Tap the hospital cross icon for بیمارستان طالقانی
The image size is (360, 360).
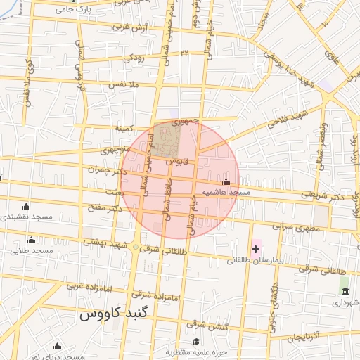pyautogui.click(x=255, y=249)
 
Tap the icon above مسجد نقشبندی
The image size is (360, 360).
pyautogui.click(x=27, y=207)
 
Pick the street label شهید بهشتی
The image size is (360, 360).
pyautogui.click(x=106, y=243)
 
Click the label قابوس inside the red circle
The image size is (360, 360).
pyautogui.click(x=174, y=162)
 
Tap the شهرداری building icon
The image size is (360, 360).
pyautogui.click(x=345, y=291)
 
